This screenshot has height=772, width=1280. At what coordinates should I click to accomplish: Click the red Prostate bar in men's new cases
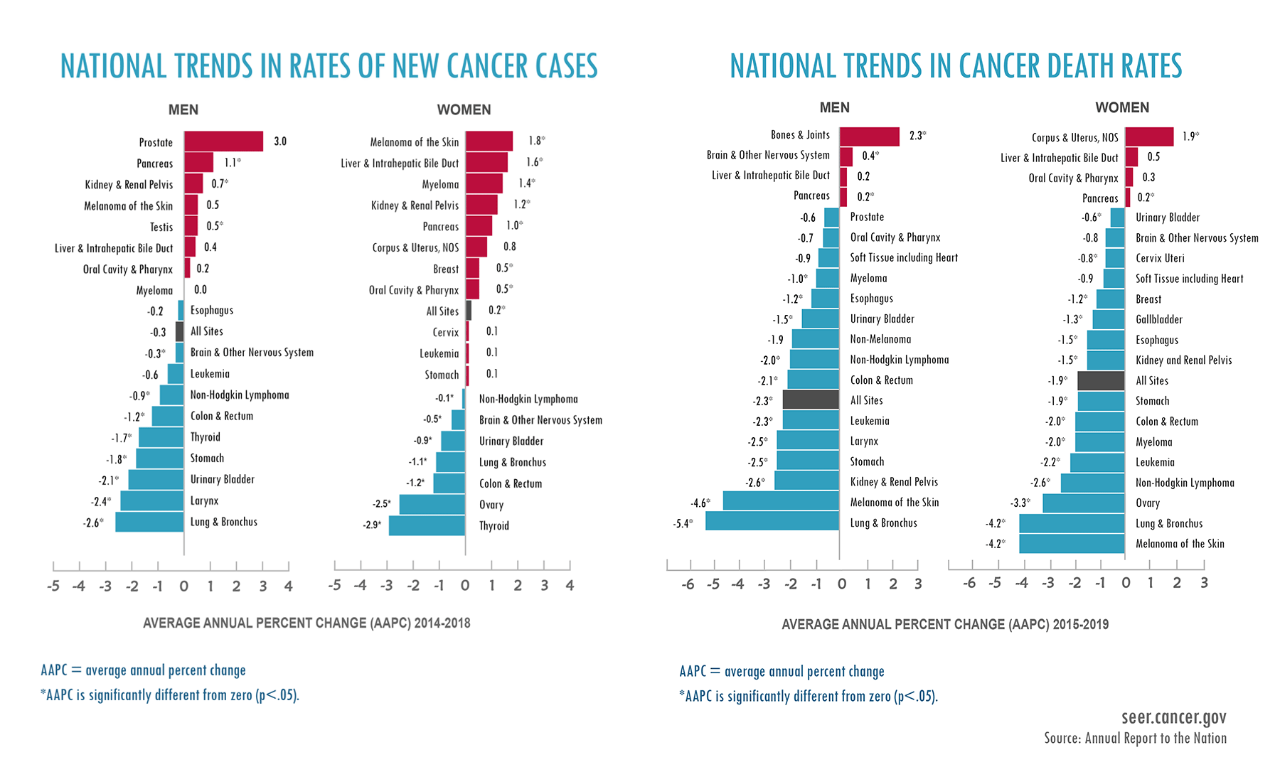pyautogui.click(x=223, y=141)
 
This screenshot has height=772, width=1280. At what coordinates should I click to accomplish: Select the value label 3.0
pyautogui.click(x=280, y=141)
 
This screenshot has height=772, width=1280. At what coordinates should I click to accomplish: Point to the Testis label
pyautogui.click(x=161, y=227)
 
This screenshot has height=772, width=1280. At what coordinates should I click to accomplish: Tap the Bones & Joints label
pyautogui.click(x=800, y=135)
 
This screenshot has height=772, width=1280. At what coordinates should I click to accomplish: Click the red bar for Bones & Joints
pyautogui.click(x=869, y=136)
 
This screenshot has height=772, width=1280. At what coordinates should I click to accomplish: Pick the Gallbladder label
pyautogui.click(x=1158, y=319)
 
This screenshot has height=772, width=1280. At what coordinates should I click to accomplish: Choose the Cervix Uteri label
pyautogui.click(x=1160, y=258)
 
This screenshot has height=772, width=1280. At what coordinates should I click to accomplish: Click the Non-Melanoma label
pyautogui.click(x=880, y=339)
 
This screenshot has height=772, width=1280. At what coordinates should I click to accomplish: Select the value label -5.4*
pyautogui.click(x=682, y=524)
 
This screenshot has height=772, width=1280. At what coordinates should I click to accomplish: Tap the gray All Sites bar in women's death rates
pyautogui.click(x=1101, y=380)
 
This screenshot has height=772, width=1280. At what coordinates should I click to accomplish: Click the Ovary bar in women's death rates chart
pyautogui.click(x=1084, y=503)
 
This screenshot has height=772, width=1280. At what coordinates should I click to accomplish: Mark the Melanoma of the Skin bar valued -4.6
pyautogui.click(x=781, y=501)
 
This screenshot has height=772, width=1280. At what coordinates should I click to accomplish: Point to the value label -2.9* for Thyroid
pyautogui.click(x=371, y=525)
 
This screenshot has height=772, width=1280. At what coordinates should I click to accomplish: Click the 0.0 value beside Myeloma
pyautogui.click(x=201, y=289)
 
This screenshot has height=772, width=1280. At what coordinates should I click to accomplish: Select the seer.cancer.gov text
pyautogui.click(x=1173, y=717)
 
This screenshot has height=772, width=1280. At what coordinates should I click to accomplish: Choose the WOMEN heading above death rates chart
pyautogui.click(x=1121, y=107)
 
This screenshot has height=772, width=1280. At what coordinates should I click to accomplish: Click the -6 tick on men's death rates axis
pyautogui.click(x=688, y=584)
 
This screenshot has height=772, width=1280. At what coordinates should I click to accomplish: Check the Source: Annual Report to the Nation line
pyautogui.click(x=1135, y=739)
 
